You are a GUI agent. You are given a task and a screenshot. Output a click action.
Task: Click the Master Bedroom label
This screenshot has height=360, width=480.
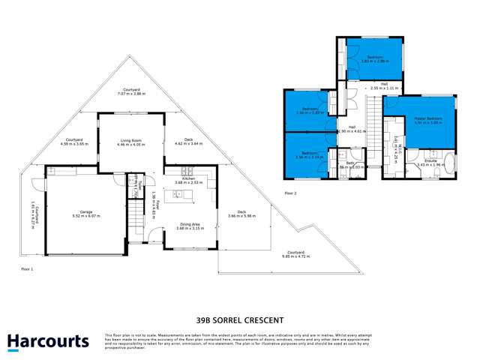(x=424, y=118)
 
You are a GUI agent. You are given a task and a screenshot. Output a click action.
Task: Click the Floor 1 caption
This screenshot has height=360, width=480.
(x=28, y=267)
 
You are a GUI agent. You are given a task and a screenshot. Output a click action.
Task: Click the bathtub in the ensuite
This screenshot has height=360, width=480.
(x=449, y=164)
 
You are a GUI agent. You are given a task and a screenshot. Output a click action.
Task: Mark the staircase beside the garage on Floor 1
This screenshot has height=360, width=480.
(x=135, y=222)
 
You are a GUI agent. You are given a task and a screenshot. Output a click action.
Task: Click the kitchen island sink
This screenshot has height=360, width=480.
(x=179, y=194)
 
